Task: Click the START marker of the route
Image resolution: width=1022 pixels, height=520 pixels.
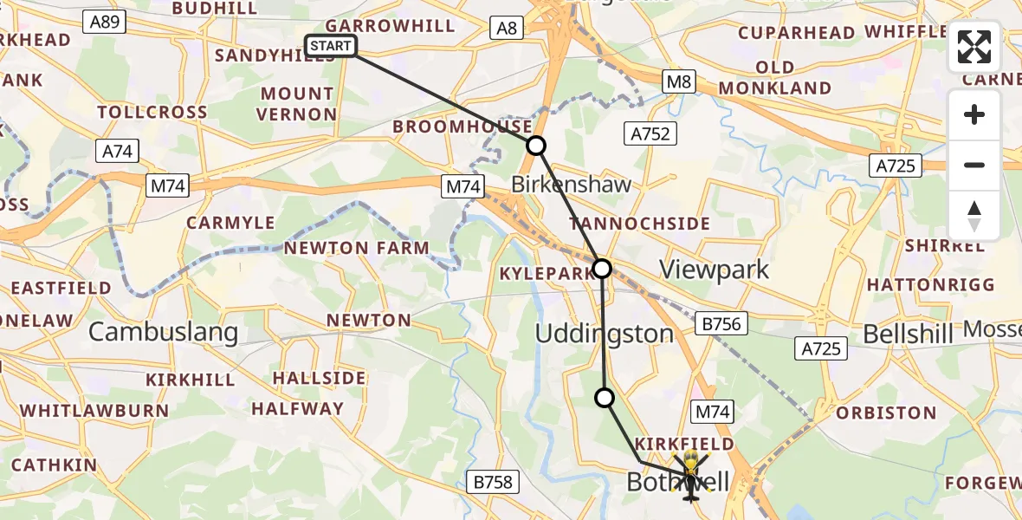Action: [331, 46]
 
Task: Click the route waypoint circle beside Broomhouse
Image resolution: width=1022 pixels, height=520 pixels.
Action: [537, 146]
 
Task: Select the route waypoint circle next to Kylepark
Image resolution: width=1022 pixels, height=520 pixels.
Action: [602, 269]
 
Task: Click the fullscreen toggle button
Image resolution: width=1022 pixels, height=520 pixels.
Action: [974, 47]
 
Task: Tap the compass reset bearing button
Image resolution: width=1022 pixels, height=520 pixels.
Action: [974, 216]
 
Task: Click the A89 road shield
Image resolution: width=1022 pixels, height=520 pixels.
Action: [106, 23]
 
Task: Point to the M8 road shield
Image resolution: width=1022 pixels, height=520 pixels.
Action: [680, 81]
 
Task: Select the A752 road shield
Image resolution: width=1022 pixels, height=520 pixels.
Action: [650, 133]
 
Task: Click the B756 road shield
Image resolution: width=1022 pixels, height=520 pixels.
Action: [721, 324]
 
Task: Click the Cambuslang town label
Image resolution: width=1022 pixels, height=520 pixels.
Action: [164, 332]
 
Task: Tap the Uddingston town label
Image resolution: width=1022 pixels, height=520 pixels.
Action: [604, 334]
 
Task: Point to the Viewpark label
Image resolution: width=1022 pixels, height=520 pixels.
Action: [715, 270]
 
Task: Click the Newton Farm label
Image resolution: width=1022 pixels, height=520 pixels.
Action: [357, 248]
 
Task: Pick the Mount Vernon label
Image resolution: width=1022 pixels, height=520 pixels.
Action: [297, 104]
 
